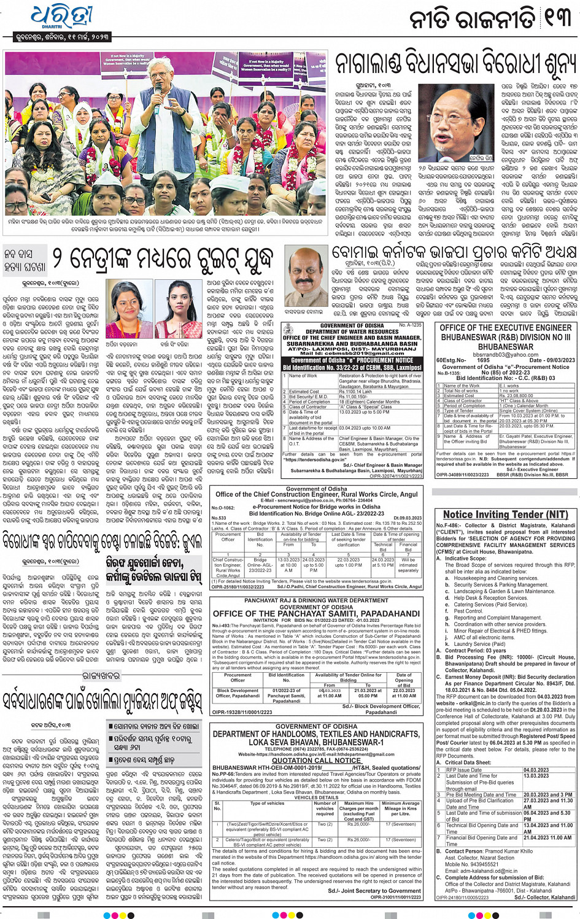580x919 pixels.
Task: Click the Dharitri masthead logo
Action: pyautogui.click(x=56, y=19)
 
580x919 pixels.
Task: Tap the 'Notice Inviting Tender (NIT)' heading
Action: pyautogui.click(x=505, y=514)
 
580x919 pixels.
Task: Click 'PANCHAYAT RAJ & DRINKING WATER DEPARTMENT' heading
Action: pyautogui.click(x=316, y=601)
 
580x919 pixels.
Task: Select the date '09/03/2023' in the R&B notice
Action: pyautogui.click(x=550, y=360)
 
